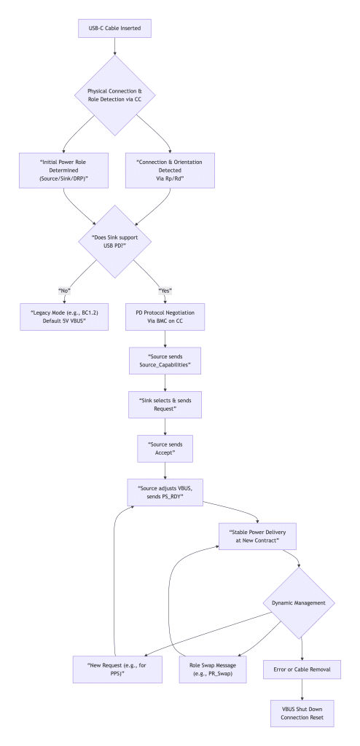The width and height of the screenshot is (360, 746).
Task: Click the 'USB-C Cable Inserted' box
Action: pyautogui.click(x=116, y=30)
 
